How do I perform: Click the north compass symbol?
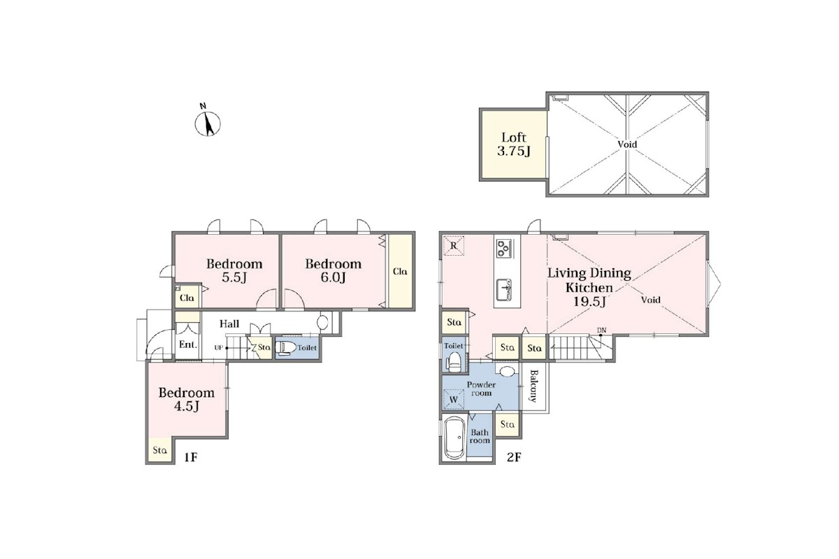[208, 121]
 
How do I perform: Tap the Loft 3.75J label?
[513, 144]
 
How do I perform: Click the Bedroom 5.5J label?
[234, 270]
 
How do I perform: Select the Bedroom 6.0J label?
[333, 270]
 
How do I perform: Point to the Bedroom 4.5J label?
[187, 399]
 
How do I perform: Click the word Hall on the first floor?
[229, 324]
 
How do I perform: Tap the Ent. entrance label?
[188, 344]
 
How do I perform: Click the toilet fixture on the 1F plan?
[286, 348]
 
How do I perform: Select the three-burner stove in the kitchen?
[504, 248]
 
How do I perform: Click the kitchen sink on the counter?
[504, 289]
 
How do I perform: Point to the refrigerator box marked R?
[454, 246]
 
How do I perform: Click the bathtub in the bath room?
[454, 437]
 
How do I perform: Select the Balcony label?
[533, 386]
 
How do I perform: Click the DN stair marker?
[601, 331]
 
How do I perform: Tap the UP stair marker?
[219, 348]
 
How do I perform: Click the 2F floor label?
[514, 457]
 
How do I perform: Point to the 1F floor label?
[191, 457]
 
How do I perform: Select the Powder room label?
[481, 389]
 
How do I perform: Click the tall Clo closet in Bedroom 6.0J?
[401, 271]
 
